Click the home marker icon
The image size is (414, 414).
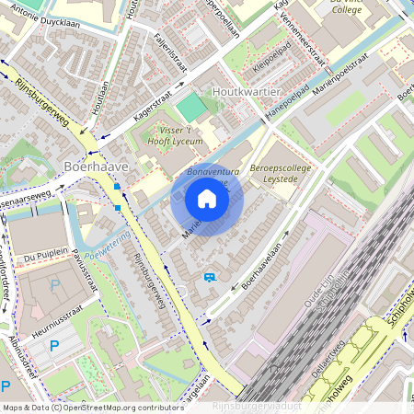click(x=207, y=199)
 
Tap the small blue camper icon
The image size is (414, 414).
click(x=211, y=276)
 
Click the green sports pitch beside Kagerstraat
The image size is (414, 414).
click(x=191, y=107)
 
